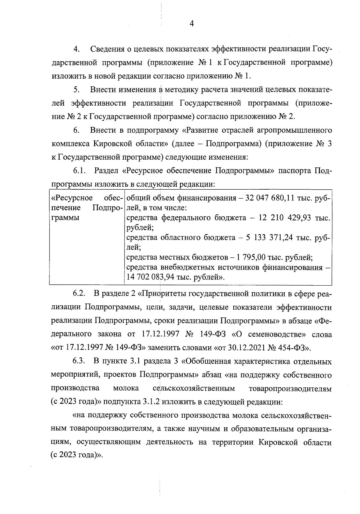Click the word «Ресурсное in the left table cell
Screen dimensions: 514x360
tap(72, 198)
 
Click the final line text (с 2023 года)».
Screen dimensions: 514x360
tap(77, 456)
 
